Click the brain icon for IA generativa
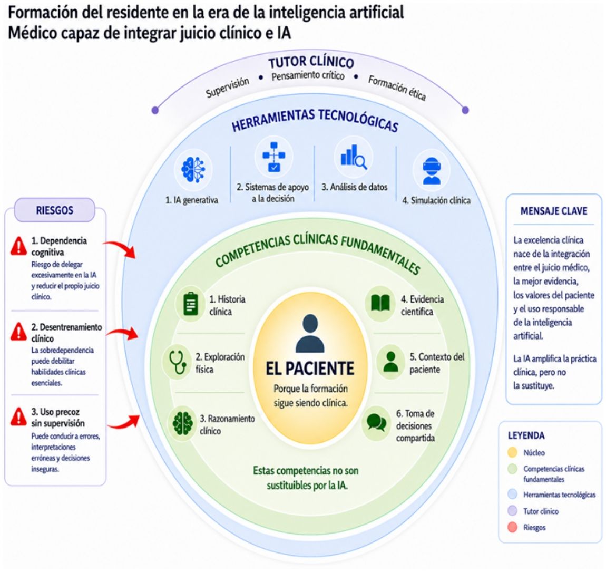coord(193,169)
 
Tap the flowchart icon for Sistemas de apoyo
coord(273,157)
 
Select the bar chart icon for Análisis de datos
coord(354,157)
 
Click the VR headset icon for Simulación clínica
coord(431,171)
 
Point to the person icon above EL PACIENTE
coord(310,333)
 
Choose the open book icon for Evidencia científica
coord(380,303)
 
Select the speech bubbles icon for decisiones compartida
coord(376,422)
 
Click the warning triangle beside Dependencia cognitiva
coord(18,246)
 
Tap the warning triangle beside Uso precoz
coord(18,416)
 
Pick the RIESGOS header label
coord(54,210)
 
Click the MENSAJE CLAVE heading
coord(553,211)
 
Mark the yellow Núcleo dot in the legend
coord(512,452)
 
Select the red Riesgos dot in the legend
coord(512,527)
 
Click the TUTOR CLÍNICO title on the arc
coord(311,62)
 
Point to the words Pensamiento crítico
coord(308,76)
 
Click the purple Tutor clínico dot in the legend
coord(512,510)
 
